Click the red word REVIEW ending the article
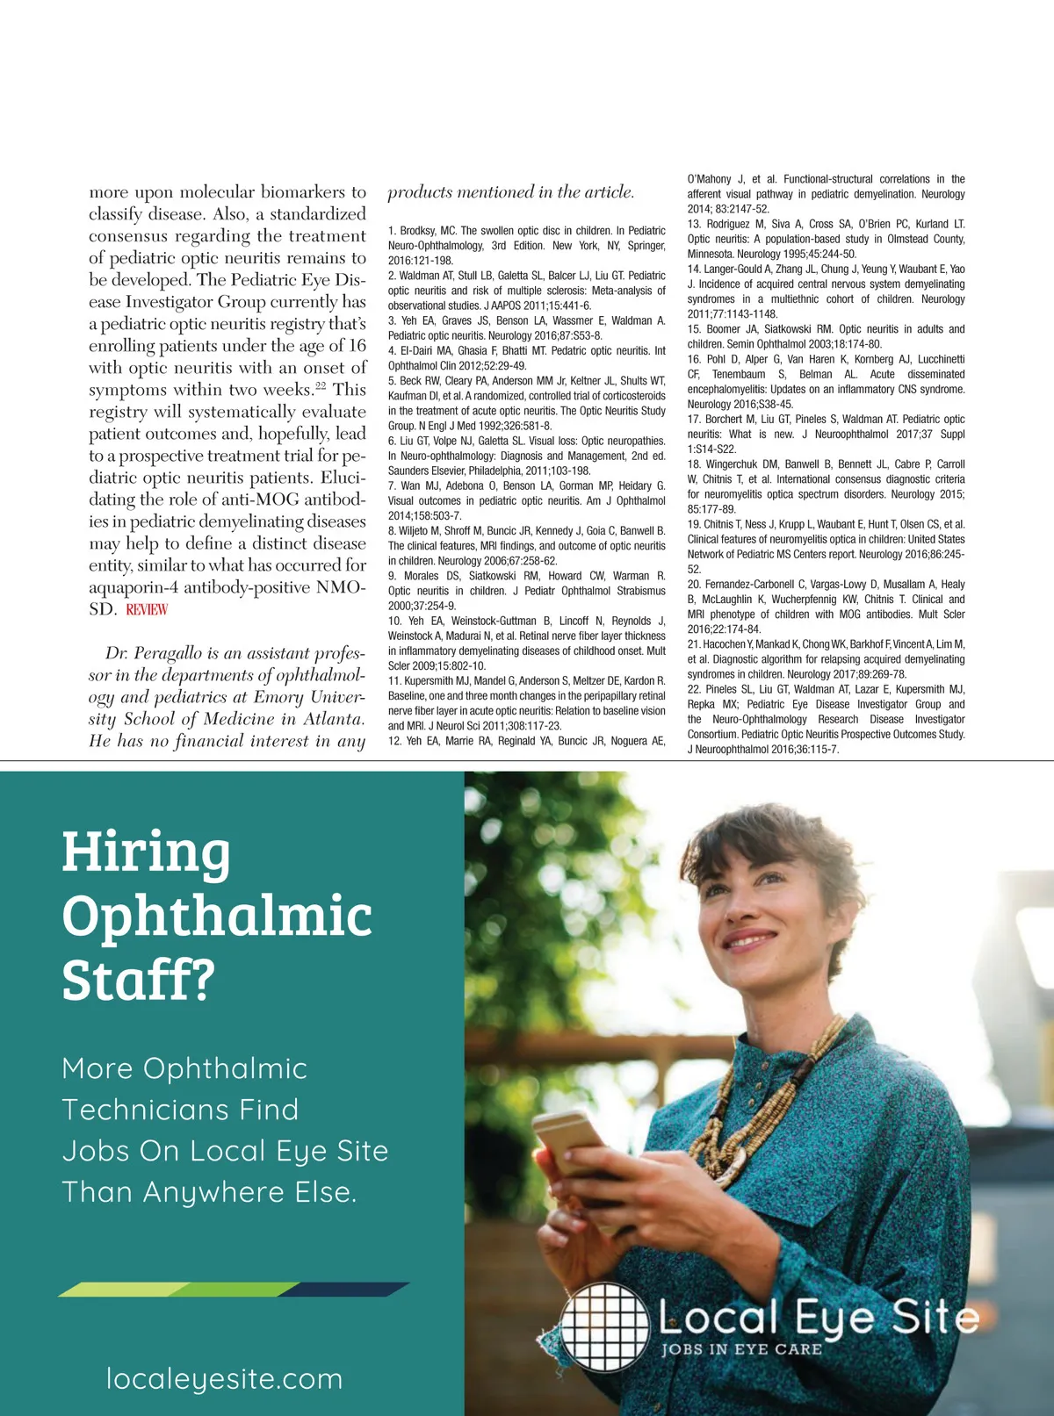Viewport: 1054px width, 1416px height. pos(147,609)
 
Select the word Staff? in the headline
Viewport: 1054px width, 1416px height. pos(138,981)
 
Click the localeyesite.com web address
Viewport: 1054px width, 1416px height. pos(224,1378)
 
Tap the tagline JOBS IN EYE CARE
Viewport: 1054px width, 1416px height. pos(741,1349)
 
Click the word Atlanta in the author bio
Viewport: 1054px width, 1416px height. pos(333,719)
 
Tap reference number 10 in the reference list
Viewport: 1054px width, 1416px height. pos(394,621)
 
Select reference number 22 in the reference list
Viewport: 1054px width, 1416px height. pos(694,689)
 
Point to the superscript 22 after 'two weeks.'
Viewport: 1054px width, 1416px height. pos(321,385)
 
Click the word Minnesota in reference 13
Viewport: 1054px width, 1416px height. pos(710,254)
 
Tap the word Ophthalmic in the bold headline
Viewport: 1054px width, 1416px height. pos(217,917)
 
